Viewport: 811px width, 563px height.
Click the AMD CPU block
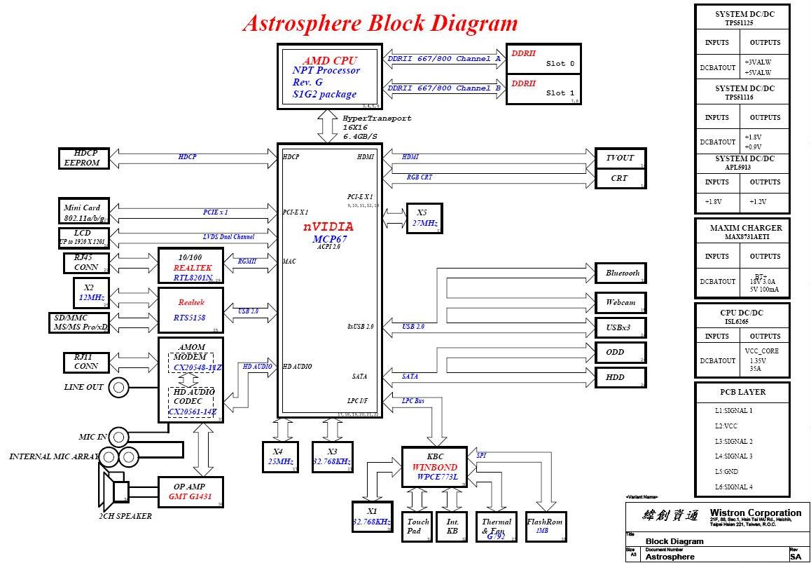coord(330,76)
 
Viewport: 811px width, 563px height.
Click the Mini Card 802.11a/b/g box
coord(84,211)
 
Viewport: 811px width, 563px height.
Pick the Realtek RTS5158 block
coord(190,309)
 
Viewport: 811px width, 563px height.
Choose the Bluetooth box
coord(619,273)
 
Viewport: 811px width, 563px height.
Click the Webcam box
coord(619,302)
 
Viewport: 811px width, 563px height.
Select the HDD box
coord(619,377)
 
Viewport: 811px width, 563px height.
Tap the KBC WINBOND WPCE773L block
coord(434,467)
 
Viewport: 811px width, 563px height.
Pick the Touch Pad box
coord(418,527)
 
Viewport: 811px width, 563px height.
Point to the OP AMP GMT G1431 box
coord(190,491)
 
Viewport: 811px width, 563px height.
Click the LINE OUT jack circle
coord(119,386)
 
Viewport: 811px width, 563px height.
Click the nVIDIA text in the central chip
coord(328,227)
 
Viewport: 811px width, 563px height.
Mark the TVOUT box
coord(619,158)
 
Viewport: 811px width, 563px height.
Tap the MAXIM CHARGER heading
coord(741,228)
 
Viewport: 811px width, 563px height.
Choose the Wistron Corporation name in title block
coord(755,513)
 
